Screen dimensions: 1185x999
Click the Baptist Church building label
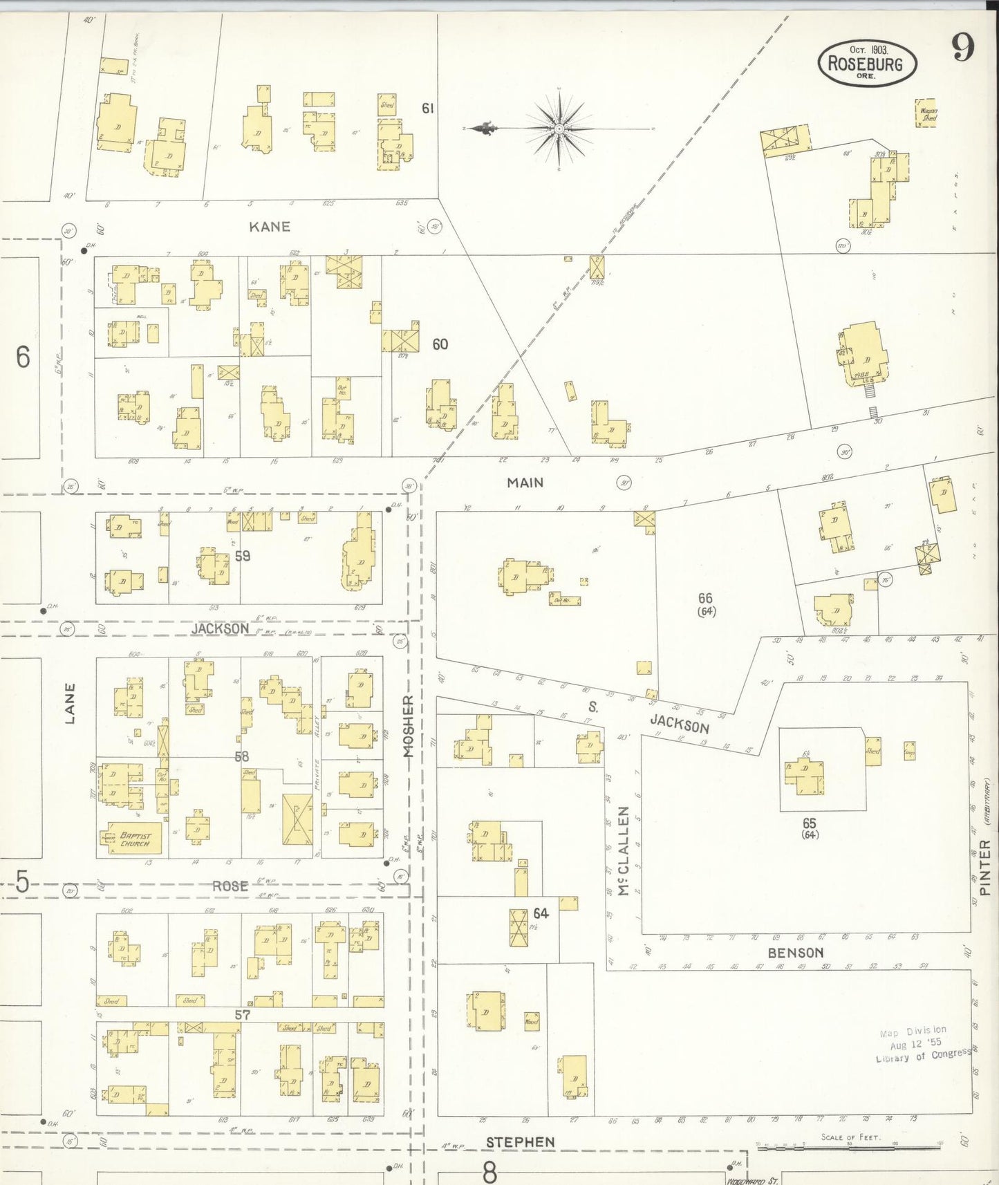[x=135, y=839]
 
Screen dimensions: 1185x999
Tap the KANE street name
[x=270, y=227]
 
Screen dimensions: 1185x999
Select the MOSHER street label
[x=408, y=727]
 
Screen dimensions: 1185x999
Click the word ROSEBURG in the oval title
[x=865, y=64]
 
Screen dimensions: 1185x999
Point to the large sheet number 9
[x=962, y=47]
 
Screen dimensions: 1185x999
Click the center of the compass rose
[x=559, y=129]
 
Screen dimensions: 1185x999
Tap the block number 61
[x=428, y=108]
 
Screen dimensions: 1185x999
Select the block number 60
[x=440, y=344]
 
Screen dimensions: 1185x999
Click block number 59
[x=242, y=556]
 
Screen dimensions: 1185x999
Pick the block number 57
[x=242, y=1015]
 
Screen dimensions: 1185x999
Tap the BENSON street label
[x=796, y=952]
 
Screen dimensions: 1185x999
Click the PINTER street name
[x=985, y=864]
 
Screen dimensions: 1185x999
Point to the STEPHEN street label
[x=520, y=1141]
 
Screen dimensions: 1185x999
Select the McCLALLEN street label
[x=624, y=851]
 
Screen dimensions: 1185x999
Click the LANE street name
[x=69, y=703]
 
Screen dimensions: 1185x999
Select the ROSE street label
[x=230, y=886]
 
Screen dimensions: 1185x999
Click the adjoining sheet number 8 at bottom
[x=489, y=1172]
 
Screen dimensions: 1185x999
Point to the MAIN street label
[x=525, y=483]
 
